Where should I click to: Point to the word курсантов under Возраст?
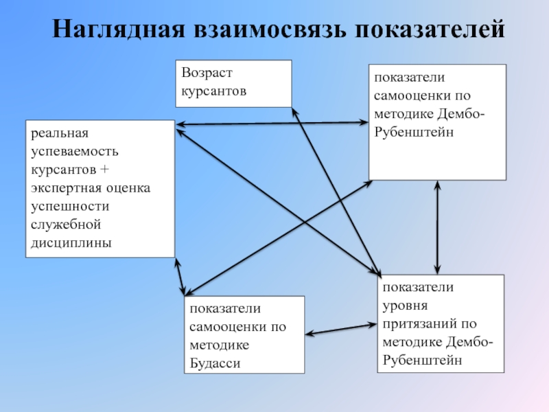pyautogui.click(x=213, y=91)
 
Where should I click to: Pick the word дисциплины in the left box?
pyautogui.click(x=71, y=243)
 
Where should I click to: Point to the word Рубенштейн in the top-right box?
pyautogui.click(x=414, y=132)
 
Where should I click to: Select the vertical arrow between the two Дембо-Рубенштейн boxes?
pyautogui.click(x=438, y=227)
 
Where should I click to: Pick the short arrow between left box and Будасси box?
pyautogui.click(x=180, y=277)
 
